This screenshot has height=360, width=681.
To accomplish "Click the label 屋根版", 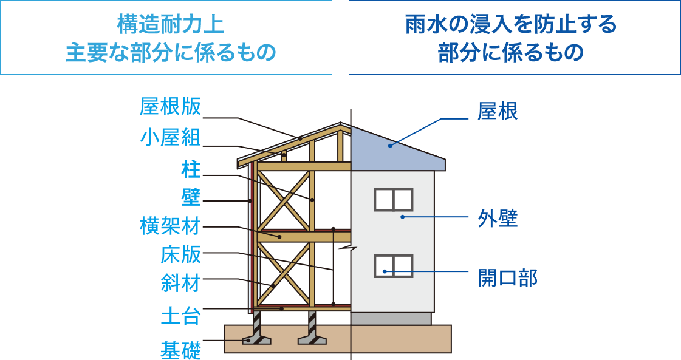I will pyautogui.click(x=170, y=107).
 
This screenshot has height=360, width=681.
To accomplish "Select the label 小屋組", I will pyautogui.click(x=170, y=138).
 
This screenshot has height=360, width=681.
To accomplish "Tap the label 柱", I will pyautogui.click(x=191, y=169).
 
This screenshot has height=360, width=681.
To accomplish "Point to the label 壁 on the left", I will pyautogui.click(x=191, y=197).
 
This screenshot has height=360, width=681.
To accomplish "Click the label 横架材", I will pyautogui.click(x=170, y=226).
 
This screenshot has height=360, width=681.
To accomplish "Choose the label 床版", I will pyautogui.click(x=180, y=255).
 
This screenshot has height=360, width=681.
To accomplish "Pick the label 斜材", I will pyautogui.click(x=180, y=284).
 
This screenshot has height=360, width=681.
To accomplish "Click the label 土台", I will pyautogui.click(x=180, y=316).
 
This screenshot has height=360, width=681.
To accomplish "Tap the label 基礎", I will pyautogui.click(x=180, y=350).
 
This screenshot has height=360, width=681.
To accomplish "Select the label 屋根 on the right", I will pyautogui.click(x=498, y=112).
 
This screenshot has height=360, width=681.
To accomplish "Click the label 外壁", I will pyautogui.click(x=498, y=219).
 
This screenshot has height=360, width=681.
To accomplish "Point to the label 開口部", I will pyautogui.click(x=508, y=278).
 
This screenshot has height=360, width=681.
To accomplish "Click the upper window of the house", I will pyautogui.click(x=393, y=199).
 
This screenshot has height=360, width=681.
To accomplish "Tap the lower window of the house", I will pyautogui.click(x=393, y=265).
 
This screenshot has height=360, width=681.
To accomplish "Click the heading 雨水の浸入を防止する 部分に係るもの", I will pyautogui.click(x=515, y=38).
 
